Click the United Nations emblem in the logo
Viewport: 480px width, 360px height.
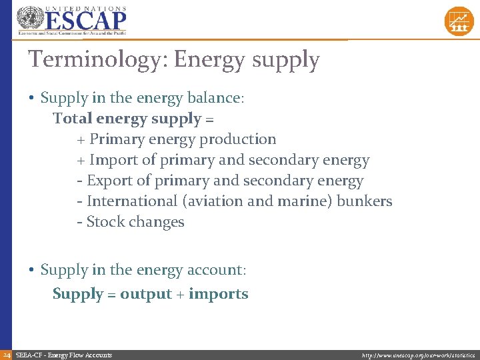29,17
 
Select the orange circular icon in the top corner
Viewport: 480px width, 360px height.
459,21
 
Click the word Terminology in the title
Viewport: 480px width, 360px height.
97,60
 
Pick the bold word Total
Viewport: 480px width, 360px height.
73,119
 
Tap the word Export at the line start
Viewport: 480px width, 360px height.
109,181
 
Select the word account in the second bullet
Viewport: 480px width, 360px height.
215,270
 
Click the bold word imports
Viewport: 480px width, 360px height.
219,294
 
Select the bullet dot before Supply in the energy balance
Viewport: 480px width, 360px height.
31,99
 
